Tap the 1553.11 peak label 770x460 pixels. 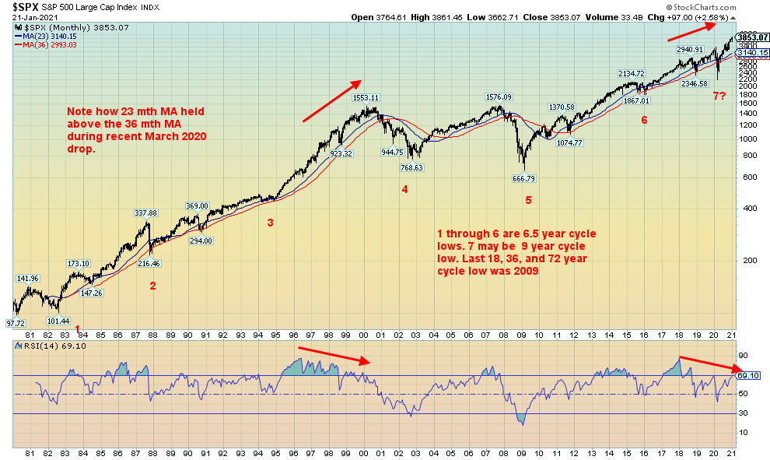(363, 98)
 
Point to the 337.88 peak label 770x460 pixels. (146, 212)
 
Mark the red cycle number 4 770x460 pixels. (404, 188)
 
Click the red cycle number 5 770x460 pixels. (528, 200)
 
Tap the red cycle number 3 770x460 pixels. (270, 223)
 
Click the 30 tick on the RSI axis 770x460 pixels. (743, 413)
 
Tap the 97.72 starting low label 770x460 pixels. (16, 322)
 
